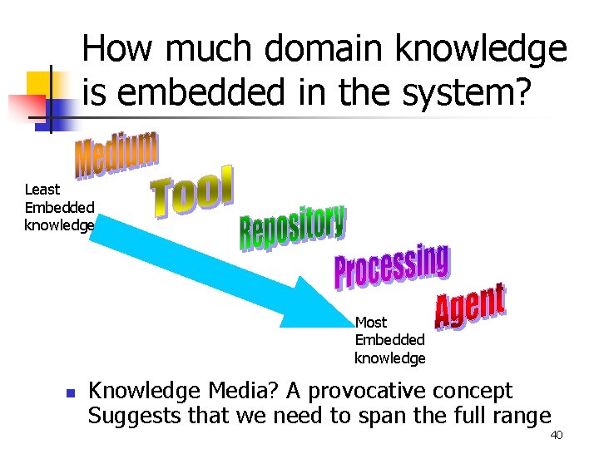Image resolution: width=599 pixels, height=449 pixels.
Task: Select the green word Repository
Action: coord(293,226)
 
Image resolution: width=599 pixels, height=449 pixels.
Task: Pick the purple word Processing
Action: coord(391,267)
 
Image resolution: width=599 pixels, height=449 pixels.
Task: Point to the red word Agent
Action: coord(470,307)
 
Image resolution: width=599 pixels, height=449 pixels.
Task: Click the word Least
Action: coord(42,190)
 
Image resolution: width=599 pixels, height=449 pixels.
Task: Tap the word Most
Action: coord(371,322)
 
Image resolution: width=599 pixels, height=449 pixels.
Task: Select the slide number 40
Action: coord(557,436)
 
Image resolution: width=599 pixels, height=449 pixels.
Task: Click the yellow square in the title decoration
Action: coord(40,83)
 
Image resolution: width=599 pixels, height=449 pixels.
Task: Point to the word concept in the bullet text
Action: coord(473,392)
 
